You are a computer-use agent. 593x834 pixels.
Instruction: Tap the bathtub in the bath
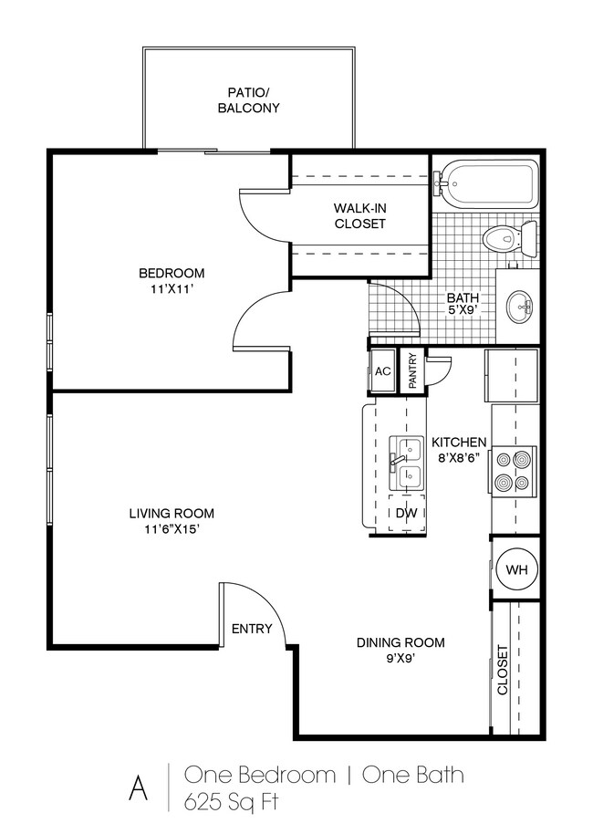tap(486, 184)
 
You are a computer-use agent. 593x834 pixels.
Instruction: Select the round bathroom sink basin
tap(519, 307)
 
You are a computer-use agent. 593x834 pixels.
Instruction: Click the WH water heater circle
tap(516, 569)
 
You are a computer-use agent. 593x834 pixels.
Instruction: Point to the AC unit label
tap(383, 371)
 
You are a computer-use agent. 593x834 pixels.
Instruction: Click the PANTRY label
tap(412, 371)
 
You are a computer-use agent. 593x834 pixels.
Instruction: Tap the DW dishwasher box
tap(407, 513)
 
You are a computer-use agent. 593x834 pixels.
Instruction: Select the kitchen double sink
tap(406, 464)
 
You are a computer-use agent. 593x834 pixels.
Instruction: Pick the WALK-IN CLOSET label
tap(360, 215)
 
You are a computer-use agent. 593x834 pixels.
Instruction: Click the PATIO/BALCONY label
tap(248, 100)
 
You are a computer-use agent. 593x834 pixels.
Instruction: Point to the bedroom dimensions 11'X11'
tap(172, 290)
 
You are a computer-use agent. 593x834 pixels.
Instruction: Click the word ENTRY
tap(252, 629)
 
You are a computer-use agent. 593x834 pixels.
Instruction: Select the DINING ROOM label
tap(401, 642)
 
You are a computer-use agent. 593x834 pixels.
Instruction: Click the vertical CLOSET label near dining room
tap(503, 670)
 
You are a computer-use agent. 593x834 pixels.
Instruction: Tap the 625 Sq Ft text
tap(232, 801)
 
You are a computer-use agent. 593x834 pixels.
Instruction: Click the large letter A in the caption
tap(139, 788)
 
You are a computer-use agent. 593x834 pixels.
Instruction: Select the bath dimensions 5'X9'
tap(463, 310)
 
